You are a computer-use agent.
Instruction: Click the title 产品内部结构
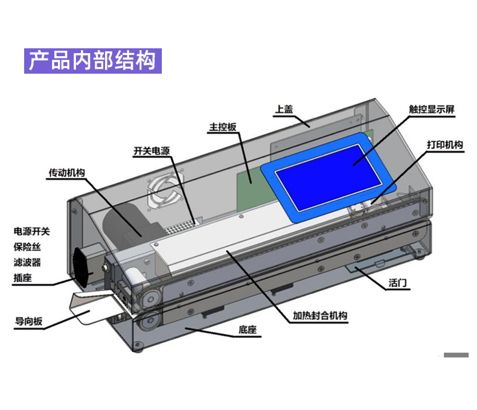tap(93, 60)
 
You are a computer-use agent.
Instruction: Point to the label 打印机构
tap(444, 145)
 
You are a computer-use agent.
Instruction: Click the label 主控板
tap(223, 128)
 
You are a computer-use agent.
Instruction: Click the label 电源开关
tap(32, 231)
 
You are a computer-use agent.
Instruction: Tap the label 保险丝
tap(28, 247)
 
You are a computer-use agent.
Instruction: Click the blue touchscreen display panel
tap(329, 174)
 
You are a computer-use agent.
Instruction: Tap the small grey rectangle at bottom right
tap(456, 355)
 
